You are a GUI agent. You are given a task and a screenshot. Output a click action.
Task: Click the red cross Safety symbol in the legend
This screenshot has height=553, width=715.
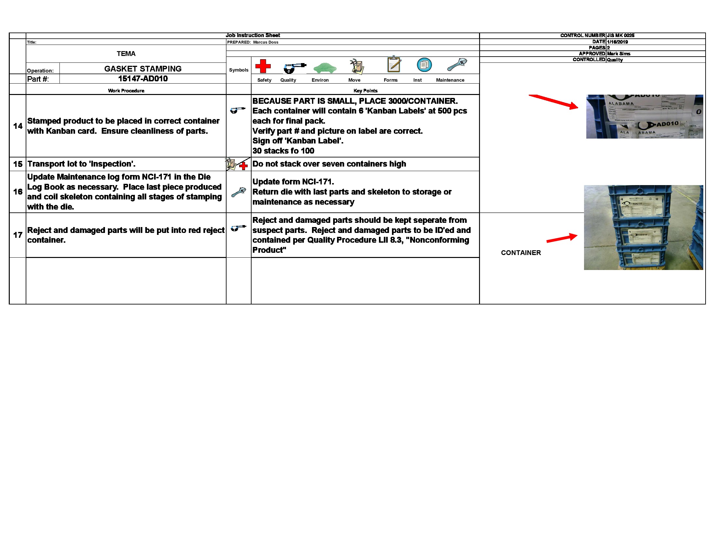click(263, 66)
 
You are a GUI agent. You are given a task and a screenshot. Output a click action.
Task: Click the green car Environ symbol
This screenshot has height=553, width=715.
click(324, 68)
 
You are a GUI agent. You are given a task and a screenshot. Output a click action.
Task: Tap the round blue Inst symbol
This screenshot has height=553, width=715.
click(424, 65)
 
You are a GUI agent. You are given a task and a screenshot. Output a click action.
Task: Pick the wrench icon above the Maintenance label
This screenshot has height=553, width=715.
click(457, 64)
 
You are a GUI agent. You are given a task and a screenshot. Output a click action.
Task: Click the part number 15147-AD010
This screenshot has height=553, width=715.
click(143, 79)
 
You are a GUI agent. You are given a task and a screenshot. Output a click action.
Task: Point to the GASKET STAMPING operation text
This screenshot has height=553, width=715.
click(143, 69)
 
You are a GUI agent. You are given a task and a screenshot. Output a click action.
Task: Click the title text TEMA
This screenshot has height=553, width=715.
click(126, 54)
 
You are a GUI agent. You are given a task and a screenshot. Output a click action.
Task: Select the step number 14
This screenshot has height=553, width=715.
click(18, 126)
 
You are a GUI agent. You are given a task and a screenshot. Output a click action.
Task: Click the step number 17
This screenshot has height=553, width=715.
click(18, 235)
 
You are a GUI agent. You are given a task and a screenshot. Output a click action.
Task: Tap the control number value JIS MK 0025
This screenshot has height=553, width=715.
click(620, 35)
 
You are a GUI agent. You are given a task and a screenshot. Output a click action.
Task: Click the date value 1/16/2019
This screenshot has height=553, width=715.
click(617, 42)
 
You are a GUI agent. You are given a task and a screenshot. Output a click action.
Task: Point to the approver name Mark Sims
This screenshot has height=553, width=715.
click(618, 54)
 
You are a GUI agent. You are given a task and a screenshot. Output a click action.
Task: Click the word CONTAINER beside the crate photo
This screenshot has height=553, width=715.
click(521, 252)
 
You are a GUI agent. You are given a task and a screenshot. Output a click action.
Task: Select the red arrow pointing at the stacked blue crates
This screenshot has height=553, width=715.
click(562, 238)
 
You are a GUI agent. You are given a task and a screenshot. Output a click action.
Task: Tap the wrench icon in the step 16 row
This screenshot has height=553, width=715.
click(238, 192)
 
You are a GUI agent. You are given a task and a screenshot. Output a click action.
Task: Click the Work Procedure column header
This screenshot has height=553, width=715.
click(126, 91)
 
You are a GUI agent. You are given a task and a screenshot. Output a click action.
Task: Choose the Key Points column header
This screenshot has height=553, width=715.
click(365, 91)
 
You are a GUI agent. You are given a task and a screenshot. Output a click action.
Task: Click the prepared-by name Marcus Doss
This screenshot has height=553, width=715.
click(266, 42)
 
